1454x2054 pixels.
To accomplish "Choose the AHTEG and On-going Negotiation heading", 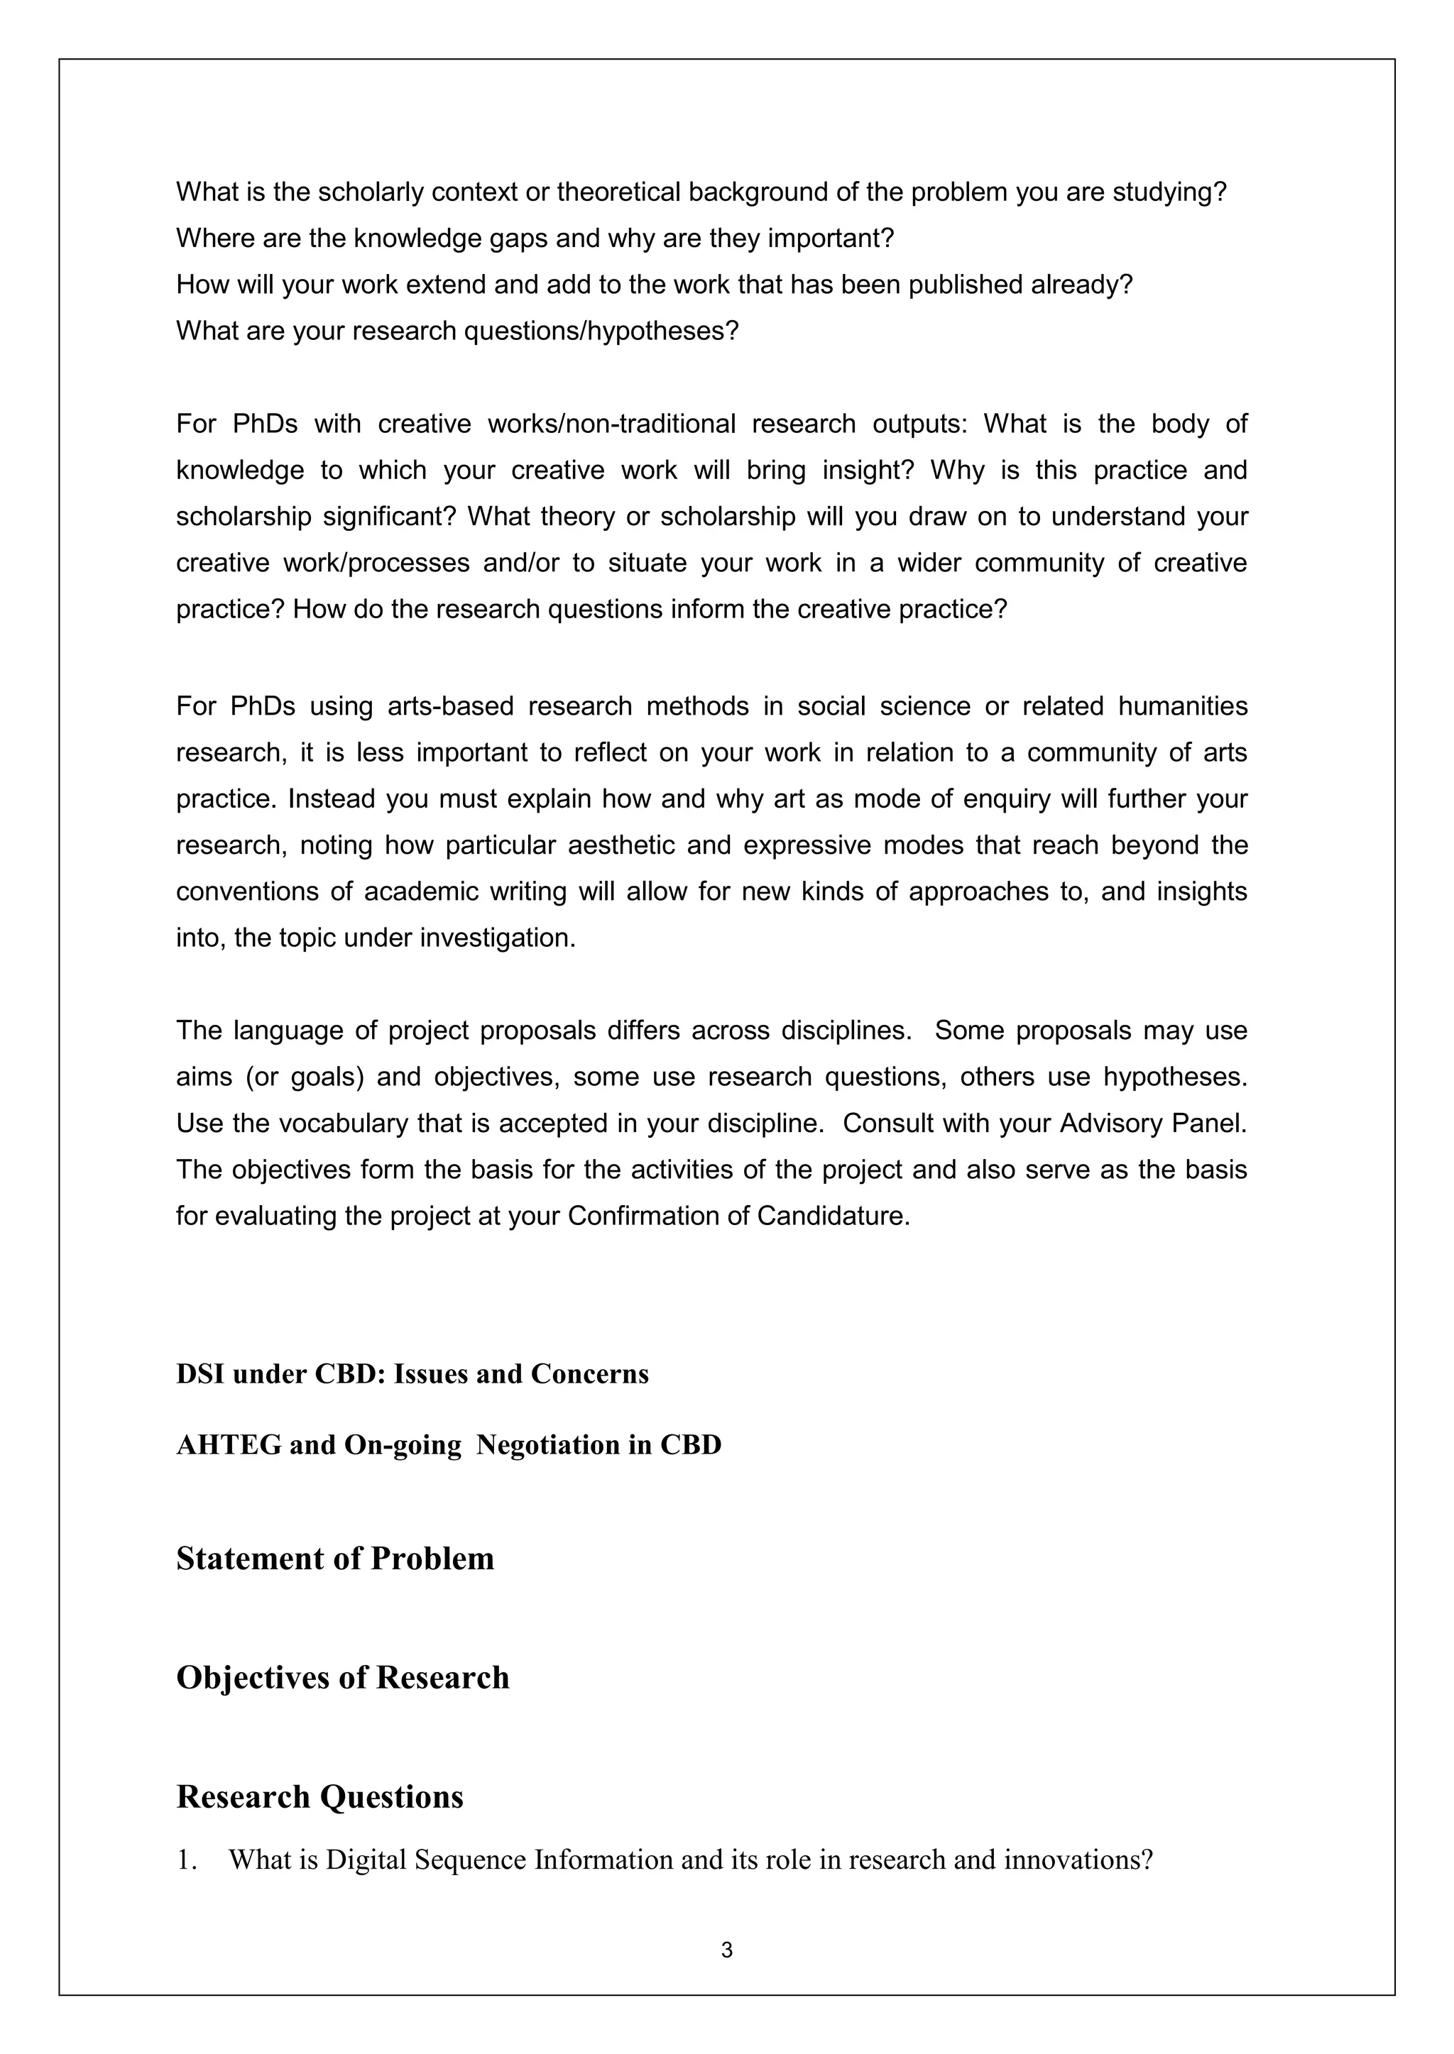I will click(x=449, y=1444).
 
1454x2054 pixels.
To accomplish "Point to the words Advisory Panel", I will click(x=1153, y=1124).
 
